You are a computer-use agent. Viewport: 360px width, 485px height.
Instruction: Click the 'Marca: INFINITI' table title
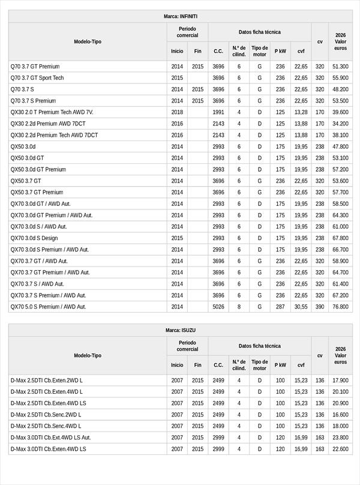pyautogui.click(x=180, y=16)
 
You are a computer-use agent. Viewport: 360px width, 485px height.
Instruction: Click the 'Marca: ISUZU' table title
pyautogui.click(x=180, y=330)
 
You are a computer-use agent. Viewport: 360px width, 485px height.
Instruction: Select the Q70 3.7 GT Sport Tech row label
pyautogui.click(x=37, y=78)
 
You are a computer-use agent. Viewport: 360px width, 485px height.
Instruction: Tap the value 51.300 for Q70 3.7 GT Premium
pyautogui.click(x=340, y=67)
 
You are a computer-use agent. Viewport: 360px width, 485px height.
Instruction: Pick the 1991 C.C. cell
pyautogui.click(x=218, y=112)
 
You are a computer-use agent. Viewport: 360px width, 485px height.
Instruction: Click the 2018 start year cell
pyautogui.click(x=177, y=112)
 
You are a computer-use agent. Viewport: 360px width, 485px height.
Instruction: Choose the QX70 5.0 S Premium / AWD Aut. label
pyautogui.click(x=49, y=307)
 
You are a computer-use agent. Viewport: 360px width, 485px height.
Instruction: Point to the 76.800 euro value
pyautogui.click(x=340, y=307)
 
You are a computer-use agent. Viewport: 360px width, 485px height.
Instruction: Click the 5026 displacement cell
pyautogui.click(x=218, y=307)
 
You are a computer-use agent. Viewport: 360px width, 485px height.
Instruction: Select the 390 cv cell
pyautogui.click(x=320, y=307)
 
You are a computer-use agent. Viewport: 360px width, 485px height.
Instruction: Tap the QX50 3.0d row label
pyautogui.click(x=23, y=146)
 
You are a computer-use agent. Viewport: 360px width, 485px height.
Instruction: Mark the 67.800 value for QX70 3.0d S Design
pyautogui.click(x=340, y=238)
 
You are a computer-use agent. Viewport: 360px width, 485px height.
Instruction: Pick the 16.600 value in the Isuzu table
pyautogui.click(x=340, y=415)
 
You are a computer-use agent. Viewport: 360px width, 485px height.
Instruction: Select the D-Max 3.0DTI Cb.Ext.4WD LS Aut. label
pyautogui.click(x=50, y=438)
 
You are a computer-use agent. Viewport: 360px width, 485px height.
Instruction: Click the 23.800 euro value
pyautogui.click(x=340, y=438)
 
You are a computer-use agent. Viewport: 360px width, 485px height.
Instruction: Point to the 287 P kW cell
pyautogui.click(x=280, y=307)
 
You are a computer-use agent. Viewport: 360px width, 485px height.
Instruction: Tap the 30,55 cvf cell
pyautogui.click(x=301, y=307)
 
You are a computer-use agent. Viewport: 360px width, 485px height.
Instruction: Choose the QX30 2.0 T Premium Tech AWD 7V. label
pyautogui.click(x=52, y=112)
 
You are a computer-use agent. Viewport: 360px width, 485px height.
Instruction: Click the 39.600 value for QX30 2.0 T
pyautogui.click(x=340, y=112)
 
